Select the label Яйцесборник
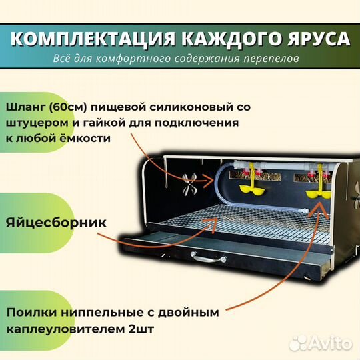56,222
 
